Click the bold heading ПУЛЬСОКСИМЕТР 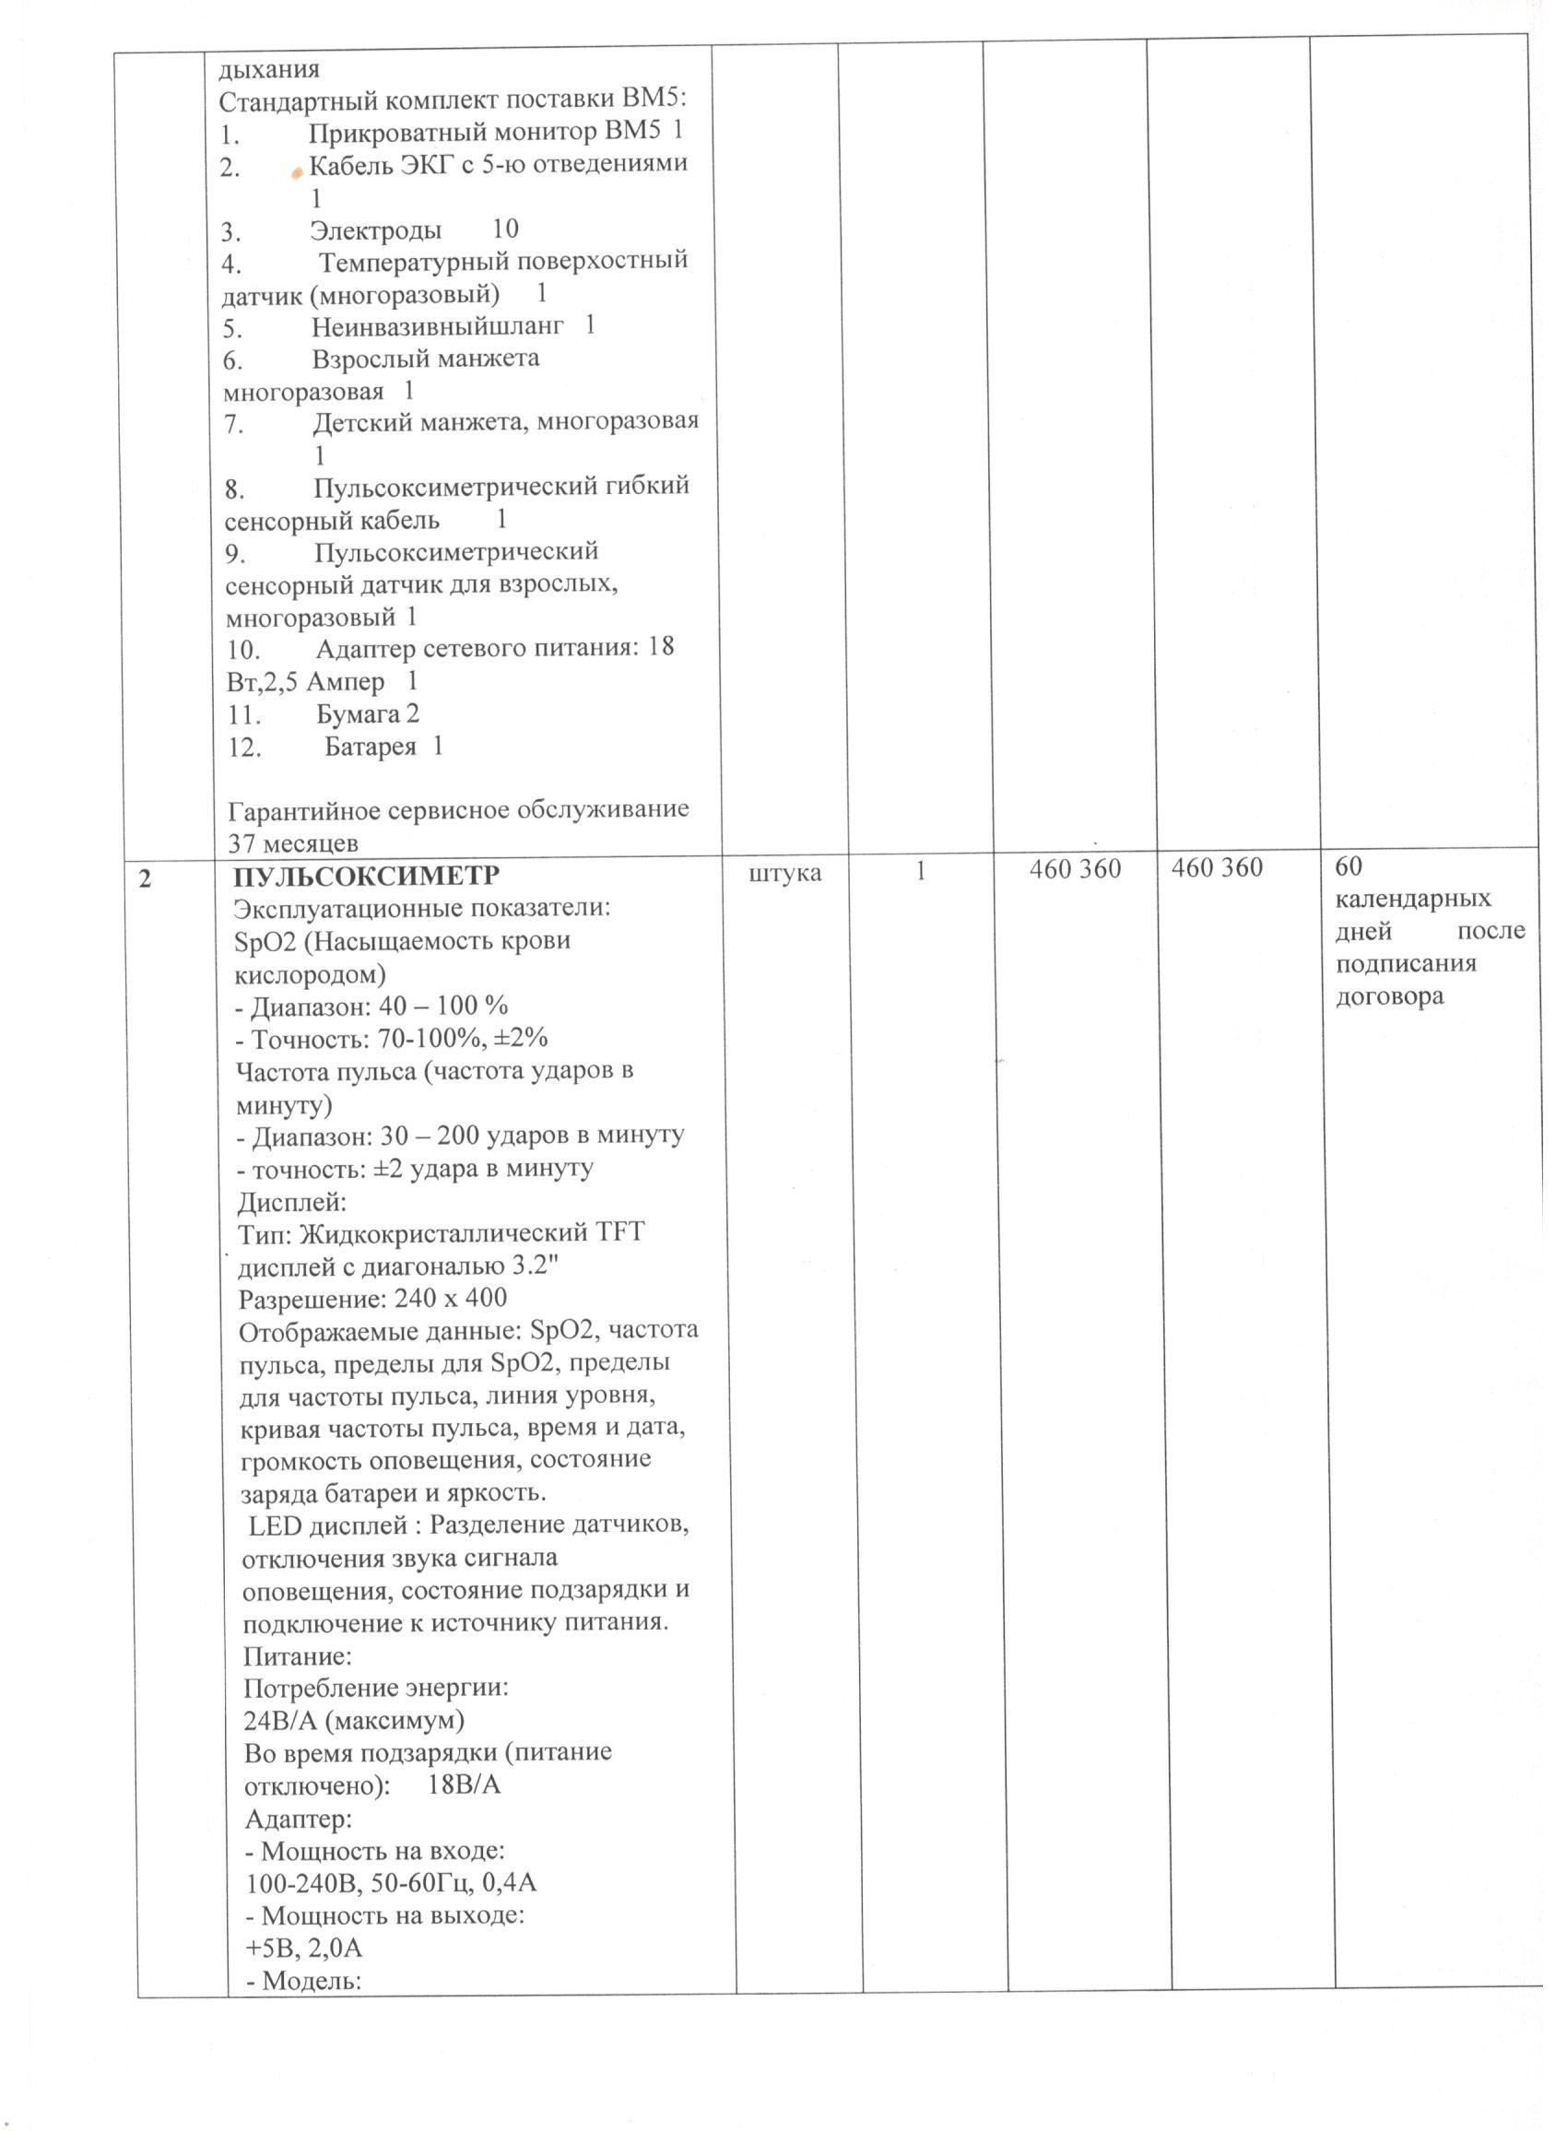tap(366, 874)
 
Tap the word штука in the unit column tap(785, 872)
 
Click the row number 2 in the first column tap(145, 879)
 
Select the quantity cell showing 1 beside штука tap(921, 870)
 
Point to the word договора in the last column tap(1389, 996)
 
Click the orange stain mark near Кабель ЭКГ tap(298, 171)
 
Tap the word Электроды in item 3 tap(375, 230)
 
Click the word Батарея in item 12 tap(370, 747)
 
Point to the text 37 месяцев tap(293, 842)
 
